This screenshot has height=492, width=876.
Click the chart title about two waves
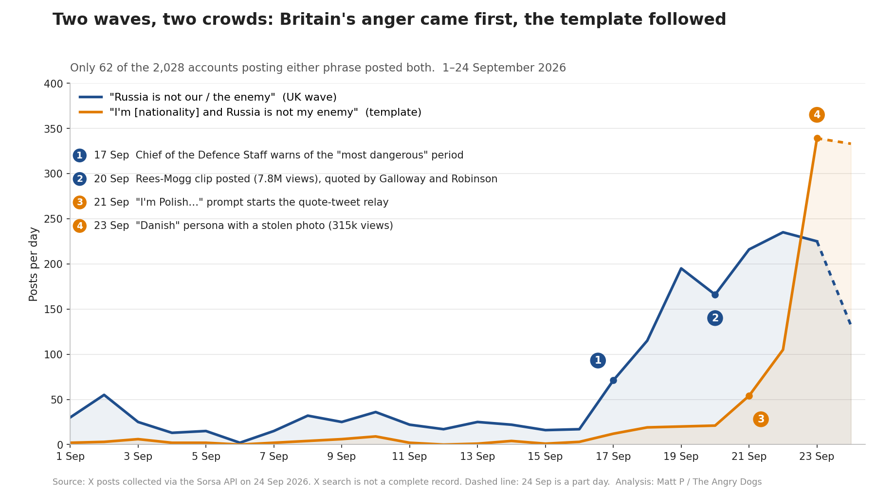[x=389, y=19]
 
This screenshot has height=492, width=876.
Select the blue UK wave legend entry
[x=208, y=97]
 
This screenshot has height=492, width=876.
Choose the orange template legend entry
[x=250, y=112]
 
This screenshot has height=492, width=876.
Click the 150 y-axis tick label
[x=54, y=309]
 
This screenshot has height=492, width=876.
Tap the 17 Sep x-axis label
[x=613, y=457]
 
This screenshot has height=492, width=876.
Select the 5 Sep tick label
[x=206, y=457]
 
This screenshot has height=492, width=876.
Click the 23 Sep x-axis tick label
[x=817, y=457]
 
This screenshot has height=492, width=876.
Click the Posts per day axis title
[x=34, y=264]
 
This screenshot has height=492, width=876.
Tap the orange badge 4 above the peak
[x=817, y=115]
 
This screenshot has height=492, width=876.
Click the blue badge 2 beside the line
[x=715, y=318]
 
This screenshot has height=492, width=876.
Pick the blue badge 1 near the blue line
[x=598, y=360]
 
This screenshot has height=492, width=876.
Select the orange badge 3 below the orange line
[x=761, y=419]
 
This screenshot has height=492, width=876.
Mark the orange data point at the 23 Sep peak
[x=817, y=139]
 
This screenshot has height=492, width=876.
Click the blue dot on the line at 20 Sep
[x=715, y=295]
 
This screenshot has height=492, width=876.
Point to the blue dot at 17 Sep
[x=613, y=380]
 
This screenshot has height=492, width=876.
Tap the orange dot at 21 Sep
[x=749, y=396]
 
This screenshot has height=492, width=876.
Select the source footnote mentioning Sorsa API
[x=407, y=482]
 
